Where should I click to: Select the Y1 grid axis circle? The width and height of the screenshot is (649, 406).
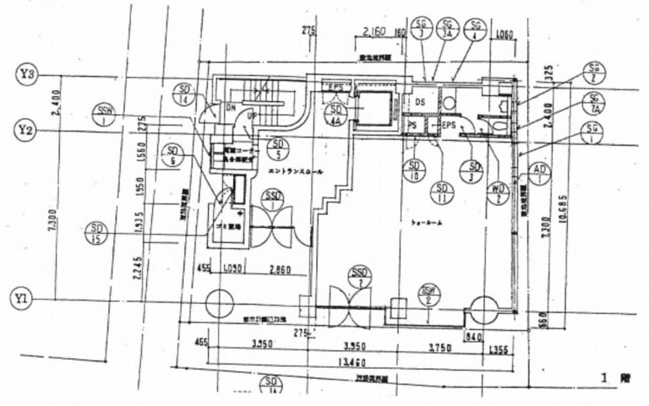click(25, 299)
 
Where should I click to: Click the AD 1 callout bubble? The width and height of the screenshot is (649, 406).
click(537, 175)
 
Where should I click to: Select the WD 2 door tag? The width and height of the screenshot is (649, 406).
click(499, 194)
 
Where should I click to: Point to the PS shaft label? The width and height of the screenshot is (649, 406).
click(413, 125)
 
